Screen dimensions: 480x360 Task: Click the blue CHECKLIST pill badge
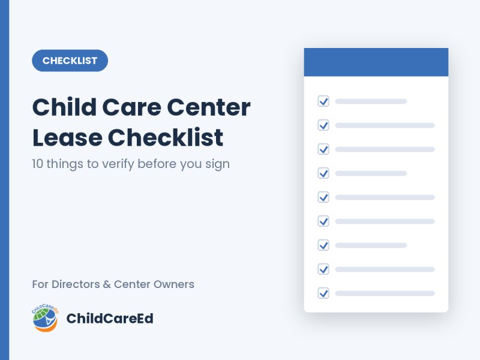coord(70,61)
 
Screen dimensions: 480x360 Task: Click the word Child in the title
coord(64,107)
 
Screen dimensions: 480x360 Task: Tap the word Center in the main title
coord(209,107)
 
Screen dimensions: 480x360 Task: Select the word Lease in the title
coord(67,137)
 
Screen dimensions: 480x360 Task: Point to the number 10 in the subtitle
coord(37,164)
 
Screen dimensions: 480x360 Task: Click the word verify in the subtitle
coord(118,164)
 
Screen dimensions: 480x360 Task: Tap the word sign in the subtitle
coord(217,164)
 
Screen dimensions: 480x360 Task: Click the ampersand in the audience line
coord(107,284)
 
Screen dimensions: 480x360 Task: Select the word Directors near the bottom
coord(76,284)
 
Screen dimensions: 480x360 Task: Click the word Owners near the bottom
coord(174,284)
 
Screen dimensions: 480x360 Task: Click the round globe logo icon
coord(46,318)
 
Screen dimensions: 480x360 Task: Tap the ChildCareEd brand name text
coord(110,319)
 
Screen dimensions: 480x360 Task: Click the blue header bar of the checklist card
coord(376,62)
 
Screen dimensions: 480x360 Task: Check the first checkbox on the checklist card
coord(323,101)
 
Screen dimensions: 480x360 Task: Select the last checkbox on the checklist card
coord(323,293)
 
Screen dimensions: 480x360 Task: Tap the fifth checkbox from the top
coord(323,197)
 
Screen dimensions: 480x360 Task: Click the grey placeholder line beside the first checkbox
coord(371,101)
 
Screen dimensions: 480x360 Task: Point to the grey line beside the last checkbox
coord(385,293)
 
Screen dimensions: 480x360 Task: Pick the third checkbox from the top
coord(323,149)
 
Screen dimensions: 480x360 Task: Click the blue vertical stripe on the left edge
coord(5,180)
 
